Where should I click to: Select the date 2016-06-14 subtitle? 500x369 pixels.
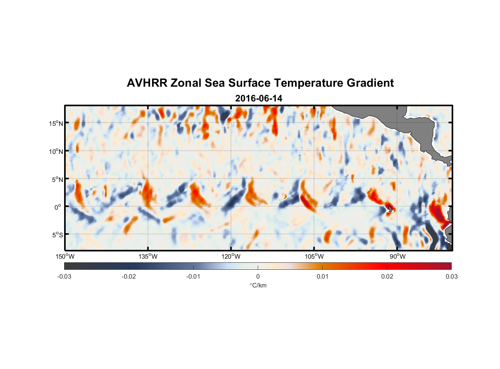[258, 99]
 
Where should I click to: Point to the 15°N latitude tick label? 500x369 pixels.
[56, 123]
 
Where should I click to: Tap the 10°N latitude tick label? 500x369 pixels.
[56, 151]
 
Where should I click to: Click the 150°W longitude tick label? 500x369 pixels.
[65, 256]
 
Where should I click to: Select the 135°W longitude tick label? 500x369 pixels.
[148, 256]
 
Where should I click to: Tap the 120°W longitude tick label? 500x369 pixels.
[231, 256]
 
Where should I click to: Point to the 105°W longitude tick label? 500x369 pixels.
[314, 256]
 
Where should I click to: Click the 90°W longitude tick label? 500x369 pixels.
[397, 256]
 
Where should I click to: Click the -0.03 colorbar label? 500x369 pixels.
[64, 276]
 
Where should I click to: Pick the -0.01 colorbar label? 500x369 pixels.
[193, 276]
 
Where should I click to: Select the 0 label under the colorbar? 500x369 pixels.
[258, 276]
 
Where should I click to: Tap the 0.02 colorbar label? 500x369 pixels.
[387, 276]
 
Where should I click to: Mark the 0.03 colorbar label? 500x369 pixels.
[451, 276]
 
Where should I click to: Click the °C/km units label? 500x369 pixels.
[258, 285]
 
